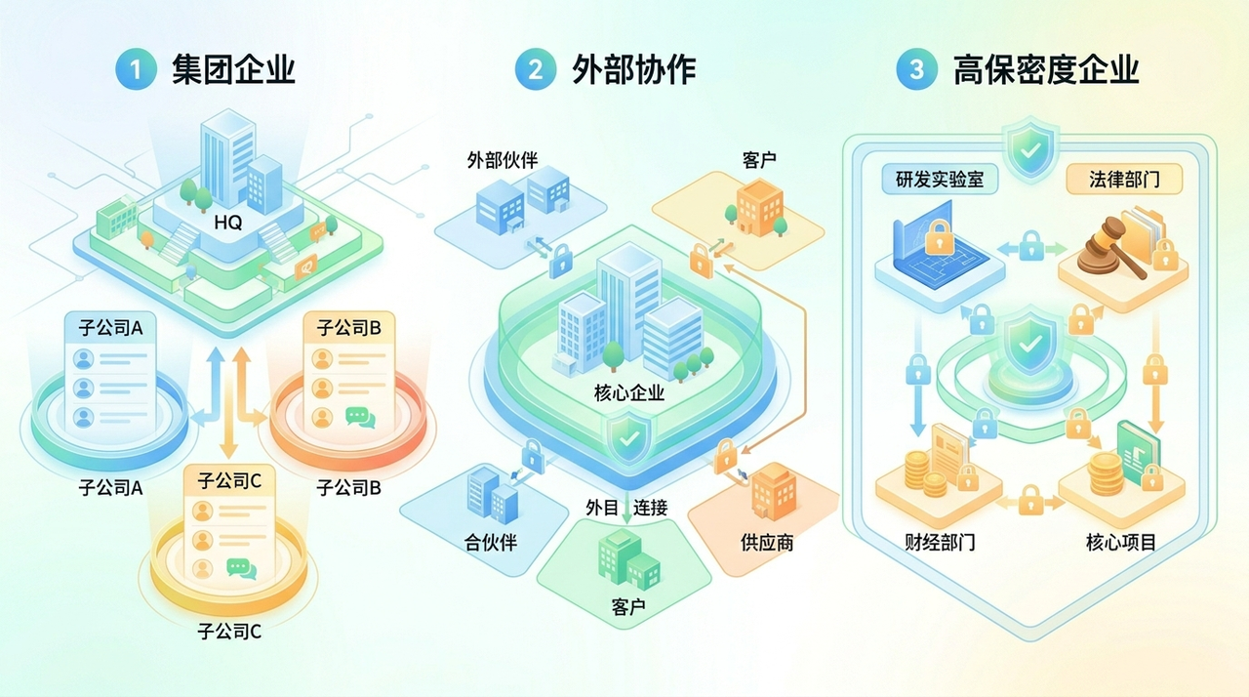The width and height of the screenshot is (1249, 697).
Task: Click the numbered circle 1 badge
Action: pos(136,70)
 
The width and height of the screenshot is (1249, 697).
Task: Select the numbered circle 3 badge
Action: pos(916,70)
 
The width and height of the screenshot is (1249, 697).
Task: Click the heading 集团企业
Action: pos(233,70)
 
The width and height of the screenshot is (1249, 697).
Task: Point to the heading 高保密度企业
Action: pos(1046,70)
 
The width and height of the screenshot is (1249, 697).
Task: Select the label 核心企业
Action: pos(628,393)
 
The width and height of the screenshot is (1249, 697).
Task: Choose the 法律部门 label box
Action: pos(1122,180)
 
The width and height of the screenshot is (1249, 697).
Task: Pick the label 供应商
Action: pos(767,543)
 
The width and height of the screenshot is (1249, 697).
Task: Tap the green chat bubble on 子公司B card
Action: pos(360,418)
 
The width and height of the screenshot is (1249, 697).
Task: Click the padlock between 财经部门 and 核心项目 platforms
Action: pos(1031,501)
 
